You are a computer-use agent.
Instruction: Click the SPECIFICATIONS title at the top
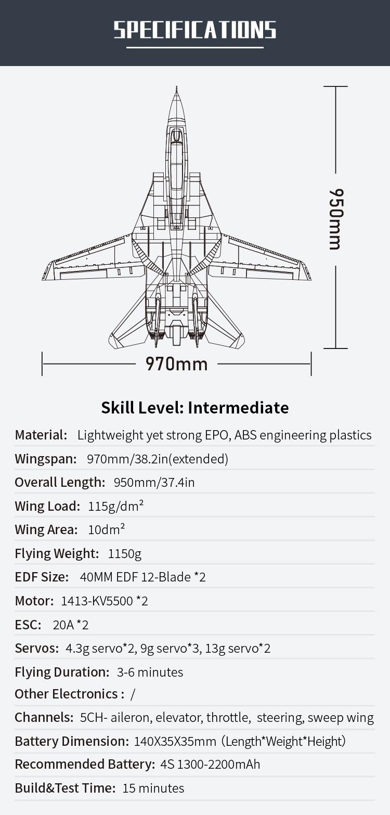[195, 30]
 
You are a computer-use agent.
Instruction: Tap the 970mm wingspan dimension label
[176, 364]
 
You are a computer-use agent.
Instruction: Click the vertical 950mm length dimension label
[336, 219]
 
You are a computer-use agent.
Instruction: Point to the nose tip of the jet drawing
[176, 87]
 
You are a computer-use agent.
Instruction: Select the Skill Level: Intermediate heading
[195, 408]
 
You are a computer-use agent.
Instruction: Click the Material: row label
[41, 435]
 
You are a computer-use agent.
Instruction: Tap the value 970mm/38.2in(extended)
[158, 459]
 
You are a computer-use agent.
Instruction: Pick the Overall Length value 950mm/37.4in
[154, 483]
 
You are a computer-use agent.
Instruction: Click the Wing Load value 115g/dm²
[115, 506]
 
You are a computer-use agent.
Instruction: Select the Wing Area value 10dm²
[106, 529]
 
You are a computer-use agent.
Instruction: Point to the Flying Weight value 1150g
[124, 554]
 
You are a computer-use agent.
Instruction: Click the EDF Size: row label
[42, 577]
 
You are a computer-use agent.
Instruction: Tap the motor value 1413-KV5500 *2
[105, 601]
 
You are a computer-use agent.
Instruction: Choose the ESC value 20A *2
[71, 625]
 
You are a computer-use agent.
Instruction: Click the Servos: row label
[37, 649]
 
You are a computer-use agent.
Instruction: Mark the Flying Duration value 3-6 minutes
[150, 672]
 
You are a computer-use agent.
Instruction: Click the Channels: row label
[44, 717]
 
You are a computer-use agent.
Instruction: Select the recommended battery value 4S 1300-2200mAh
[210, 765]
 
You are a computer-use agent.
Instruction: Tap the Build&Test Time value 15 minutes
[153, 788]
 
